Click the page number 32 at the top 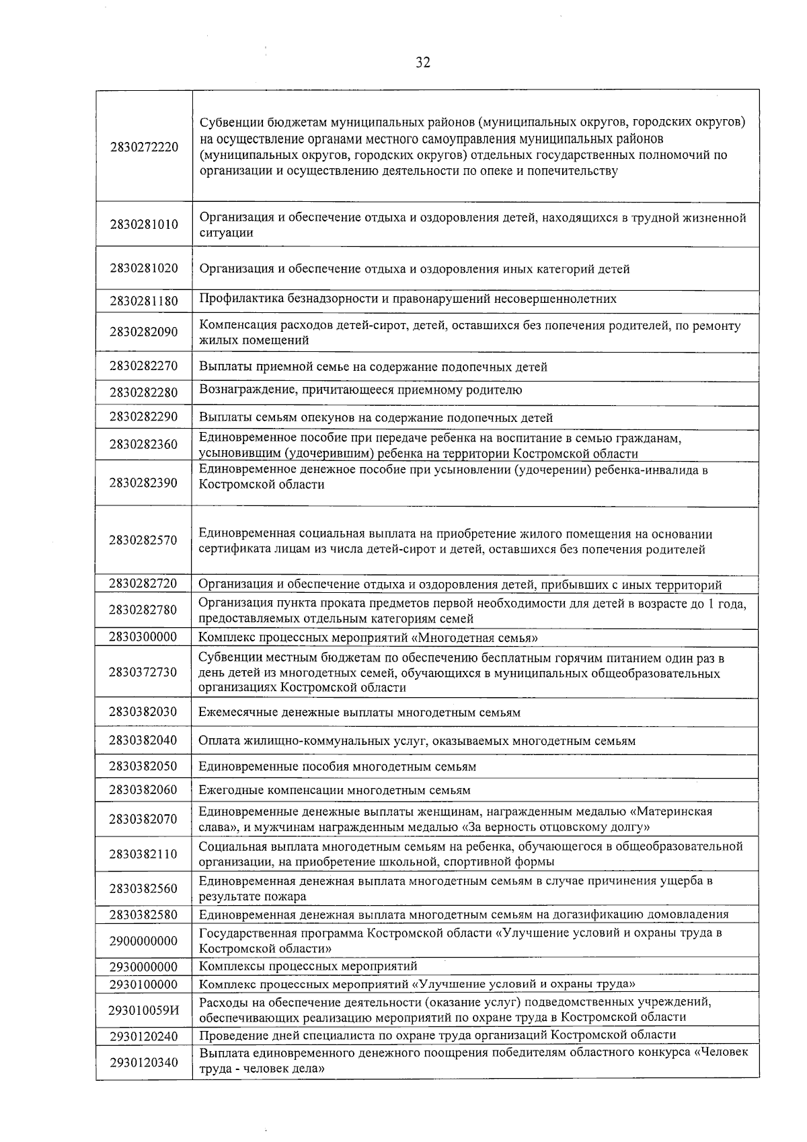[x=422, y=63]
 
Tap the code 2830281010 [x=144, y=225]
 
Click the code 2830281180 [x=144, y=301]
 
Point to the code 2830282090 [x=144, y=332]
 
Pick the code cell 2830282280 [x=144, y=392]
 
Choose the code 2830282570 [x=144, y=540]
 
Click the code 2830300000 [x=144, y=637]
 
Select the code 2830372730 [x=144, y=672]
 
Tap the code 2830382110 [x=144, y=854]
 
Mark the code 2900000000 [x=144, y=941]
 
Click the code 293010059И [x=144, y=1009]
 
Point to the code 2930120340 [x=144, y=1063]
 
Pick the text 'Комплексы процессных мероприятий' [x=308, y=967]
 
